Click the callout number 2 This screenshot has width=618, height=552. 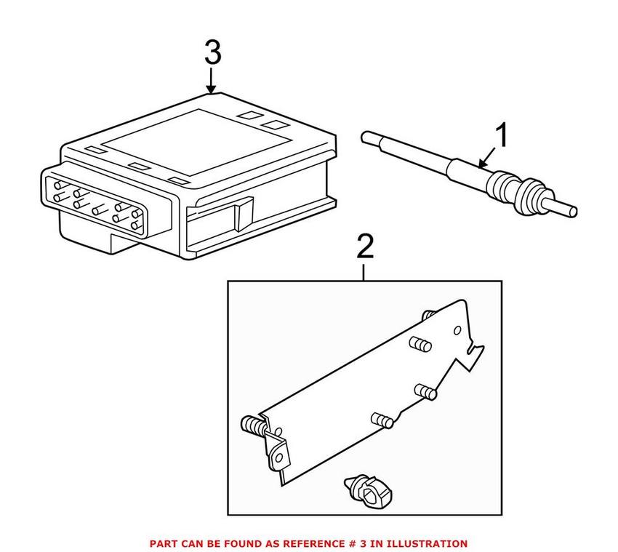[364, 247]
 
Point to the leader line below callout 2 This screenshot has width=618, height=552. [364, 271]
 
